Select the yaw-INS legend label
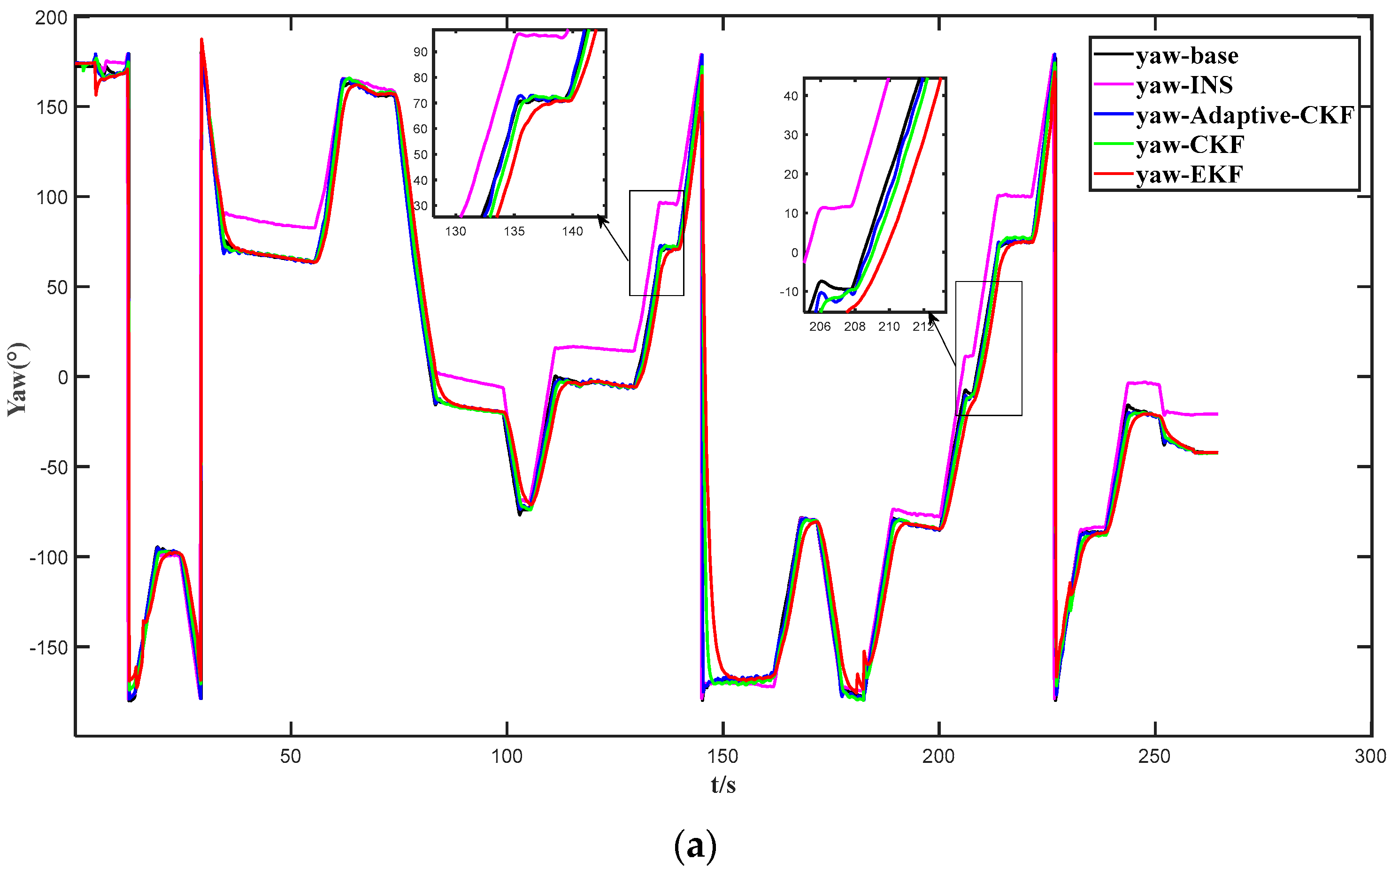point(1184,85)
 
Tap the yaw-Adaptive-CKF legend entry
point(1245,115)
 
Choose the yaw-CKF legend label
point(1190,145)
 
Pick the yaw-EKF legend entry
point(1189,175)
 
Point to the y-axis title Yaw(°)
point(17,379)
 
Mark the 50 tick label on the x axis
point(291,756)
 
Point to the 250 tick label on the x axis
point(1155,756)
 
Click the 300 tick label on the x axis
point(1370,756)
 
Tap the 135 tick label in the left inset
point(514,231)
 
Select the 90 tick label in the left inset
point(420,52)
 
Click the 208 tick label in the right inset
point(854,327)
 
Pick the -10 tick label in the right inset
point(789,291)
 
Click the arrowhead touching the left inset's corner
point(601,221)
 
